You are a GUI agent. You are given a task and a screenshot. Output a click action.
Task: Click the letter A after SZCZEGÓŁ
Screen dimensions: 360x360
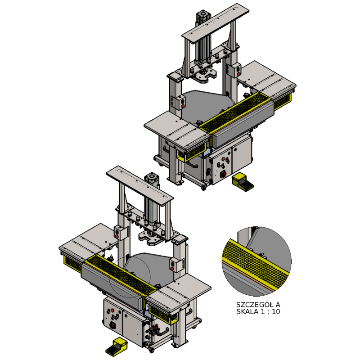tap(278, 305)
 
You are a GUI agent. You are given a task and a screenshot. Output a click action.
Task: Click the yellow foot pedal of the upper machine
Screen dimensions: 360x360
tap(243, 182)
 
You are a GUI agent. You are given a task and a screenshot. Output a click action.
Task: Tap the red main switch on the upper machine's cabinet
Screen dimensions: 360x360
tap(223, 175)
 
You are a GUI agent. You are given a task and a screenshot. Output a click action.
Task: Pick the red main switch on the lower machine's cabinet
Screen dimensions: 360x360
tap(112, 325)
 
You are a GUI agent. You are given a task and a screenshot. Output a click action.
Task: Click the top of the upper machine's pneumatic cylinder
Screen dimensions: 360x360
tap(203, 14)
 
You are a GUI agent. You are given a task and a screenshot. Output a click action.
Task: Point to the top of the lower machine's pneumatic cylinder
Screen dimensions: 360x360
tap(152, 177)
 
